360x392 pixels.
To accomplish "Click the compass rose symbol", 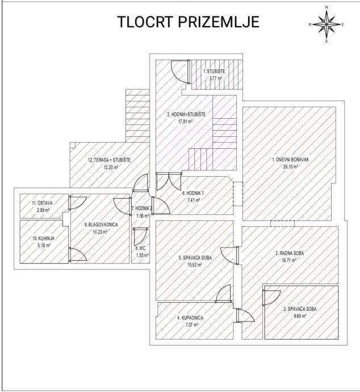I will (x=326, y=24).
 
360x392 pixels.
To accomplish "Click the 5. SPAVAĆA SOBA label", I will (x=195, y=258).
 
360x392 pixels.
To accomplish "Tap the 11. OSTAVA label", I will (x=41, y=203).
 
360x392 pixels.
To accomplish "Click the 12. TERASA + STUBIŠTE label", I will (x=108, y=160).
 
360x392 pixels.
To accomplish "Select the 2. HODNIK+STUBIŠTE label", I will (x=186, y=114).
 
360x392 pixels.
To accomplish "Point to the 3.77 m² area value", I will (x=215, y=79).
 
